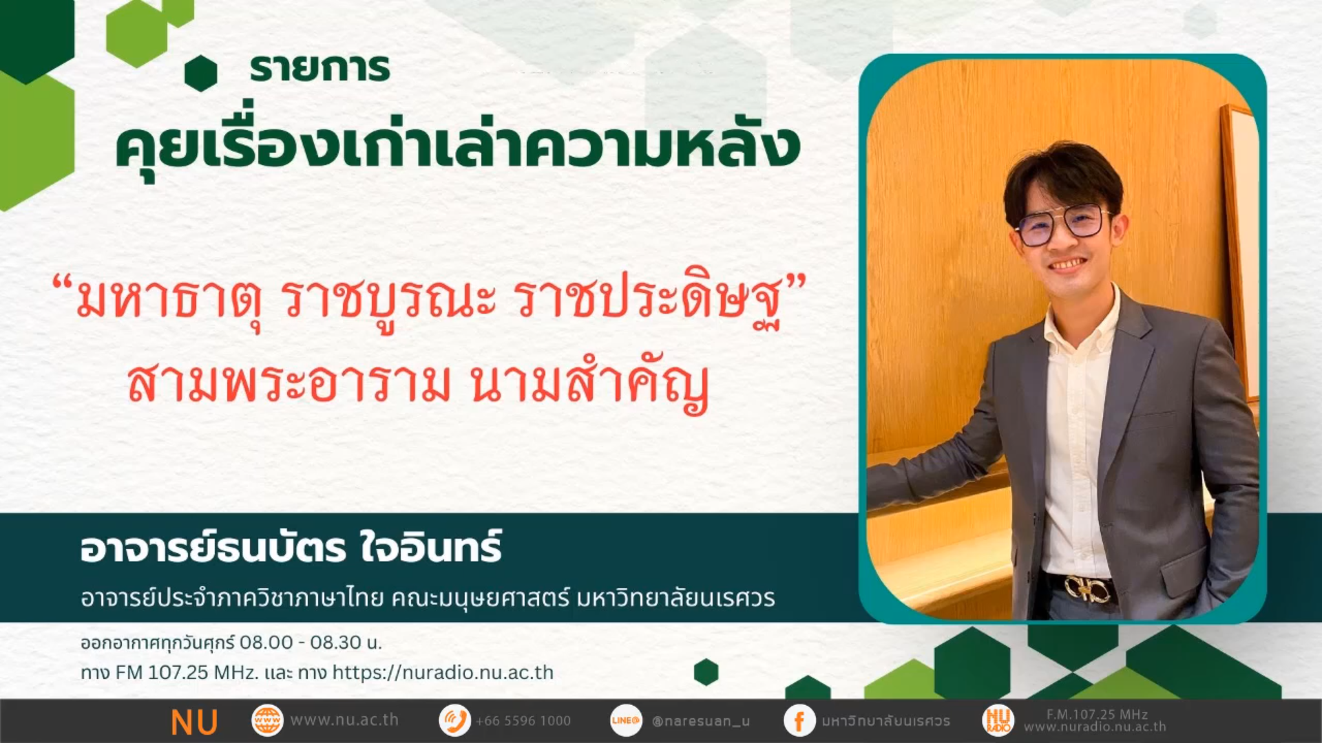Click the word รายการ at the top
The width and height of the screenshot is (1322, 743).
click(x=319, y=68)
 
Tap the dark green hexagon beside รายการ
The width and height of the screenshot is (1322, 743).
click(x=201, y=73)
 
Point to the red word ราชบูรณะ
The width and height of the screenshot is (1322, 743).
click(x=388, y=303)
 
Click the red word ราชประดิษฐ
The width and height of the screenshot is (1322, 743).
click(x=651, y=303)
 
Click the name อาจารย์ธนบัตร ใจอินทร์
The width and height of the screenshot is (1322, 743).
click(x=291, y=548)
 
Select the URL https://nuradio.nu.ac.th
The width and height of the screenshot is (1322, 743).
click(x=443, y=672)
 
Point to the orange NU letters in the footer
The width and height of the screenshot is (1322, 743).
click(x=194, y=722)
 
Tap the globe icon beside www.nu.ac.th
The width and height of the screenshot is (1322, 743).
click(x=267, y=721)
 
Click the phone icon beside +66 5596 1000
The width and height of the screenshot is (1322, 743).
click(x=454, y=721)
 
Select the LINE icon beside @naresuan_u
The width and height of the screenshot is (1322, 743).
click(x=626, y=721)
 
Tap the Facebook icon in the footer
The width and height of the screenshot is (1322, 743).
click(x=799, y=721)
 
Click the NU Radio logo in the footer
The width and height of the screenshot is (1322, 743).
click(x=998, y=721)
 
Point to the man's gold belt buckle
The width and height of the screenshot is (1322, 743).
click(x=1089, y=589)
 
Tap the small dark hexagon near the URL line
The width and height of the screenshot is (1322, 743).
click(x=706, y=672)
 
